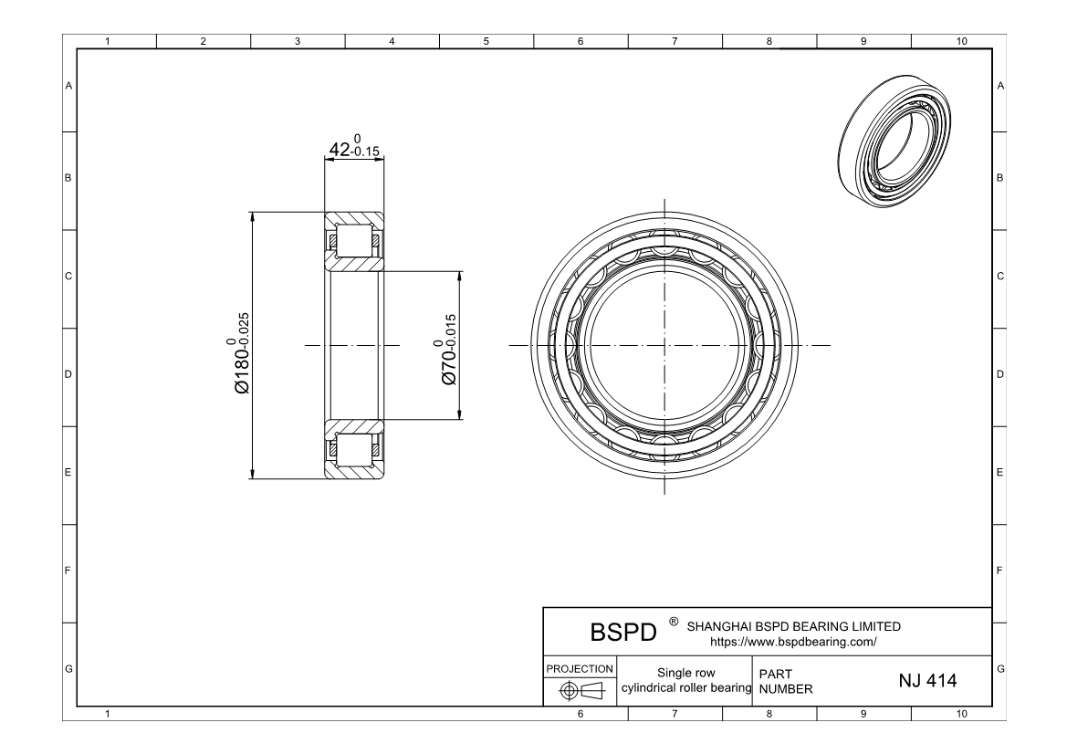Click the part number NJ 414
[927, 680]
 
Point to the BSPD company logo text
[623, 633]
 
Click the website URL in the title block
[793, 642]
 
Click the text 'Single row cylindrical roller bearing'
[685, 680]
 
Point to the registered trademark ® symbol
[674, 623]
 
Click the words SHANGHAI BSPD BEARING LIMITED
[793, 627]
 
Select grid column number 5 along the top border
[486, 41]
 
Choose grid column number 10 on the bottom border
[960, 714]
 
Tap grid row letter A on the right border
[1001, 86]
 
